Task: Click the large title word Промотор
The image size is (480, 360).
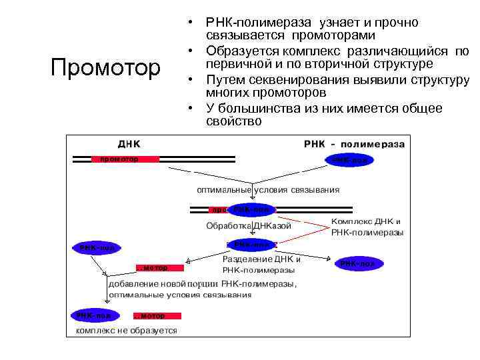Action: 106,67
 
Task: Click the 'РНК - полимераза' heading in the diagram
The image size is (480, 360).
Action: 353,143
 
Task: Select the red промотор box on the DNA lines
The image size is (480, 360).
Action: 125,159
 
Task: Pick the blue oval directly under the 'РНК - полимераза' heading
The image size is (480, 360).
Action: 349,160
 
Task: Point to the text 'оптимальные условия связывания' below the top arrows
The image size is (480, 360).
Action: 267,189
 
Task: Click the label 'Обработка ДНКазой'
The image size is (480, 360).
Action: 249,226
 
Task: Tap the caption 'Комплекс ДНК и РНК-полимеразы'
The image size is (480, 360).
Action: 367,227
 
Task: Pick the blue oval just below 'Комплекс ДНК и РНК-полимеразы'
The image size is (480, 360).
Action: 359,264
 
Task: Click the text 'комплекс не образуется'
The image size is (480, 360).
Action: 126,330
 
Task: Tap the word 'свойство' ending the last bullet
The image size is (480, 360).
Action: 234,121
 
